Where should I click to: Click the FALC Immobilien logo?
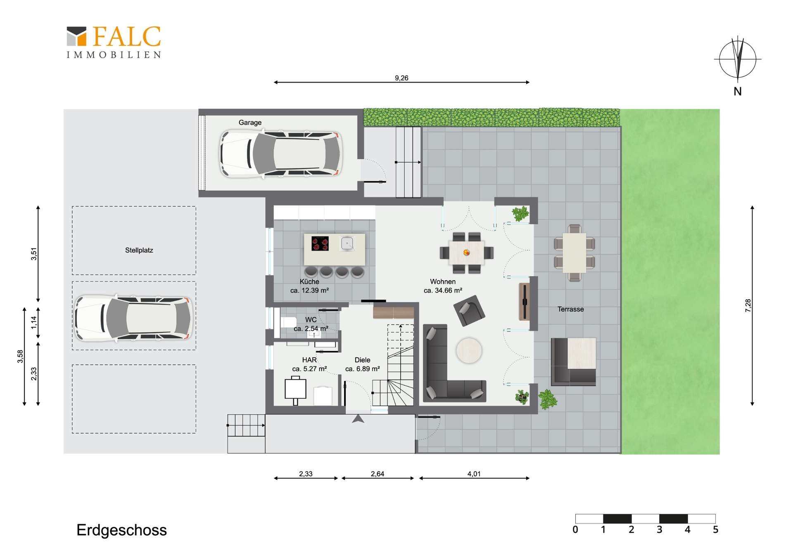pyautogui.click(x=114, y=42)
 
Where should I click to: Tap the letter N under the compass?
pyautogui.click(x=737, y=92)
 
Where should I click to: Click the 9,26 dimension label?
pyautogui.click(x=401, y=78)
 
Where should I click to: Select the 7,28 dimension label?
pyautogui.click(x=748, y=305)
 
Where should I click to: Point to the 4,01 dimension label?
pyautogui.click(x=474, y=474)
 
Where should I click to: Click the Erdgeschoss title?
pyautogui.click(x=122, y=530)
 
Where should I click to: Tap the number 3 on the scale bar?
pyautogui.click(x=659, y=529)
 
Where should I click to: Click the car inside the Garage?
pyautogui.click(x=281, y=154)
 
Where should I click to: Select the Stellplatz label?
pyautogui.click(x=139, y=250)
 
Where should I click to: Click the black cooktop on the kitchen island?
pyautogui.click(x=320, y=243)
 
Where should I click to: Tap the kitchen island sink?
pyautogui.click(x=347, y=243)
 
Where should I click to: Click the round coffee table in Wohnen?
pyautogui.click(x=469, y=351)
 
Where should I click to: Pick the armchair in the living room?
pyautogui.click(x=469, y=311)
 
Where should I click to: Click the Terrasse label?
pyautogui.click(x=570, y=309)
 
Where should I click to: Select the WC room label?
pyautogui.click(x=311, y=320)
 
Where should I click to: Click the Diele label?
pyautogui.click(x=362, y=360)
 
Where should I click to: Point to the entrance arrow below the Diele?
pyautogui.click(x=358, y=419)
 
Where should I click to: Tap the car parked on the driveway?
pyautogui.click(x=133, y=318)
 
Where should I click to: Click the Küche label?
pyautogui.click(x=309, y=281)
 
